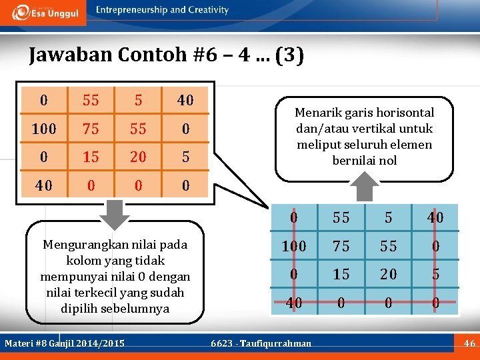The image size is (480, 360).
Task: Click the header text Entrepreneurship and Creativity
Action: click(161, 10)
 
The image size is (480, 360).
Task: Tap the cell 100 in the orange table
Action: click(44, 129)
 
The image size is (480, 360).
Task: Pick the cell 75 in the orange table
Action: click(91, 129)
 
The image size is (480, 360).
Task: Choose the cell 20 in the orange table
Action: click(138, 157)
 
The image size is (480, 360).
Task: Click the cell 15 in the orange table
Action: click(91, 157)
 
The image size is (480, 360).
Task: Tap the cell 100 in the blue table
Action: click(294, 246)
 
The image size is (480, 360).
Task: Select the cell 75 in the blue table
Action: click(341, 246)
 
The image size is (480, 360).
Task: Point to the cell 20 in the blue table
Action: click(388, 274)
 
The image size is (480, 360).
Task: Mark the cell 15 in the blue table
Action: click(341, 274)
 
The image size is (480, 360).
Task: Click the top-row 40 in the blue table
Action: click(435, 218)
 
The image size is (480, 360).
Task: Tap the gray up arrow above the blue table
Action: click(365, 186)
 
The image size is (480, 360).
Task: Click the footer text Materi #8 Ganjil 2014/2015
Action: click(65, 343)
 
